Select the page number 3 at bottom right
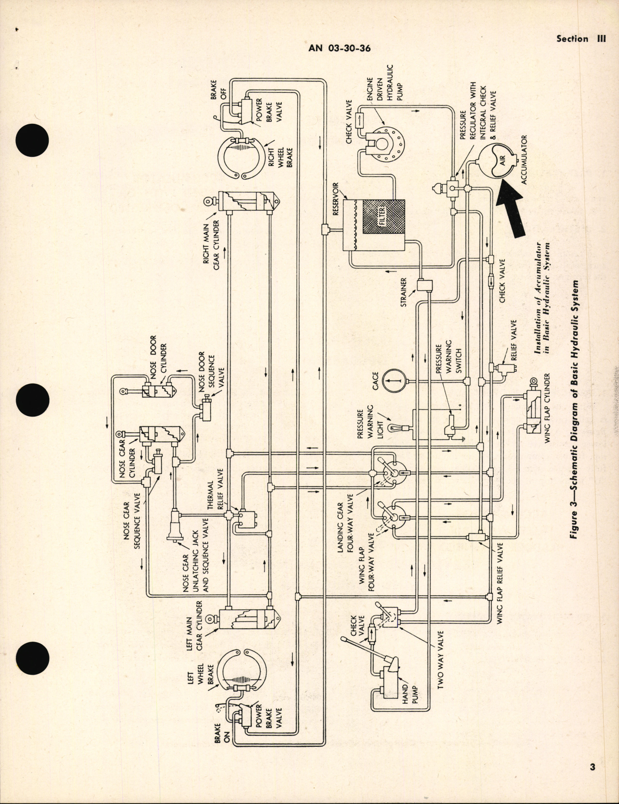(592, 766)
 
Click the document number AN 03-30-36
(339, 48)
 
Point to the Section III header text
(580, 38)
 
